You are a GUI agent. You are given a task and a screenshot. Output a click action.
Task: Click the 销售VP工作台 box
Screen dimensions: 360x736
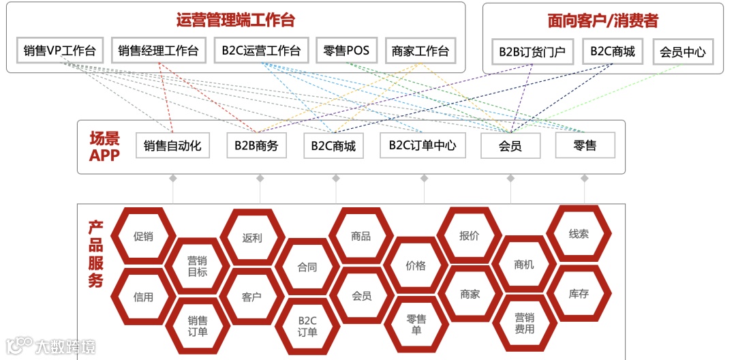tap(59, 50)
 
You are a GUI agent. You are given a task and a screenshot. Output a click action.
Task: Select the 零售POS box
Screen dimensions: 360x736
tap(347, 50)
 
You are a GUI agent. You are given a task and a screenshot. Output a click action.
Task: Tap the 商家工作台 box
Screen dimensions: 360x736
tap(420, 50)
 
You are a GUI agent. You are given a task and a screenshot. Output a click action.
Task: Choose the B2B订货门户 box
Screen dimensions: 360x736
tap(532, 52)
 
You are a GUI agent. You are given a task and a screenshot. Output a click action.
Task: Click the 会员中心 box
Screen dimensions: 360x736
tap(682, 52)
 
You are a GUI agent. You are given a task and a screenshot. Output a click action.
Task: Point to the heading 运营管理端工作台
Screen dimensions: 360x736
tap(235, 20)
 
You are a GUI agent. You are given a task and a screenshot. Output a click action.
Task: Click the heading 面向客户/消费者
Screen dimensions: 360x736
tap(602, 20)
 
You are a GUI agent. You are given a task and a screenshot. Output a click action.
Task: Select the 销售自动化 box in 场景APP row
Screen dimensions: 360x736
tap(172, 145)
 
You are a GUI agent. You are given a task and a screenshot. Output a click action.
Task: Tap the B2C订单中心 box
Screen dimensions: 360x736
tap(423, 145)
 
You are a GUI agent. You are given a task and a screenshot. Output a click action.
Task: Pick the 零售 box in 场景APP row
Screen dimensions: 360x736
tap(585, 145)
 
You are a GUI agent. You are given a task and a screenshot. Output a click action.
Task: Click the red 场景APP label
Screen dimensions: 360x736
tap(104, 147)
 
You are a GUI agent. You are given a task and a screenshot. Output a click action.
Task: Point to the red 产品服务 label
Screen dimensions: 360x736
tap(95, 254)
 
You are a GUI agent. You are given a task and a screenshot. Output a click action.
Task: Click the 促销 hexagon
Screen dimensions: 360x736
tap(143, 237)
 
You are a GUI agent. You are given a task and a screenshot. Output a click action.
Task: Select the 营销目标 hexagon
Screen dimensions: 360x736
tap(198, 266)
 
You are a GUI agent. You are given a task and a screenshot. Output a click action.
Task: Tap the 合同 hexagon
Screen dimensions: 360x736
tap(307, 267)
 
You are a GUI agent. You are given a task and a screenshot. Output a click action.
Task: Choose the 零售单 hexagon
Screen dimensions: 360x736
tap(416, 325)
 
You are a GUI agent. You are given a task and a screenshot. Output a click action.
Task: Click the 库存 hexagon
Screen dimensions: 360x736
tap(579, 294)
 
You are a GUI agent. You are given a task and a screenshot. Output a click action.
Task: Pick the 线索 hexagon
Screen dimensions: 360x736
tap(579, 234)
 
